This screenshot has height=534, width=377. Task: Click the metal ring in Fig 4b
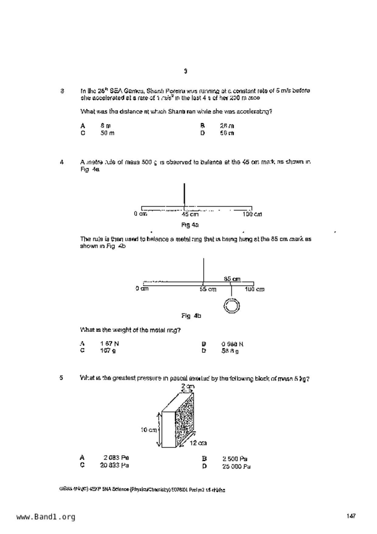(x=232, y=306)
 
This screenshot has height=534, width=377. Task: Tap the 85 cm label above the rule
(x=232, y=279)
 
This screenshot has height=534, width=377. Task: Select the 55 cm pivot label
(x=208, y=289)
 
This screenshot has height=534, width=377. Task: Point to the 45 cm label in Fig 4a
(x=190, y=214)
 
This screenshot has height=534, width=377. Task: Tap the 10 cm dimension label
(x=148, y=430)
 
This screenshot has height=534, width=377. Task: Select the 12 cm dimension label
(x=198, y=443)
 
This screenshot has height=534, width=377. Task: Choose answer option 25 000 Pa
(x=236, y=466)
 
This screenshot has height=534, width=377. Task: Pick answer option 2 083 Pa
(x=116, y=458)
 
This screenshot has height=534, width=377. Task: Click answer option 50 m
(x=107, y=133)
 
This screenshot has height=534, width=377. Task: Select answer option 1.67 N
(x=110, y=344)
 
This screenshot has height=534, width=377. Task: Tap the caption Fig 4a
(x=190, y=225)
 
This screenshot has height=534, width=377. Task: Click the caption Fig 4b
(x=191, y=316)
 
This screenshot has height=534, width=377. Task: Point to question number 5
(x=61, y=378)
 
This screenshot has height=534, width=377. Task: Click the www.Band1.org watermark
(x=46, y=517)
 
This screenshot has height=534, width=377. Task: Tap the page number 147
(x=351, y=516)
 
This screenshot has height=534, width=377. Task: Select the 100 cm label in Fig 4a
(x=252, y=214)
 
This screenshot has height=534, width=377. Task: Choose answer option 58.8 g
(x=230, y=351)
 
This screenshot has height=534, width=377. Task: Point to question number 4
(x=62, y=162)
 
